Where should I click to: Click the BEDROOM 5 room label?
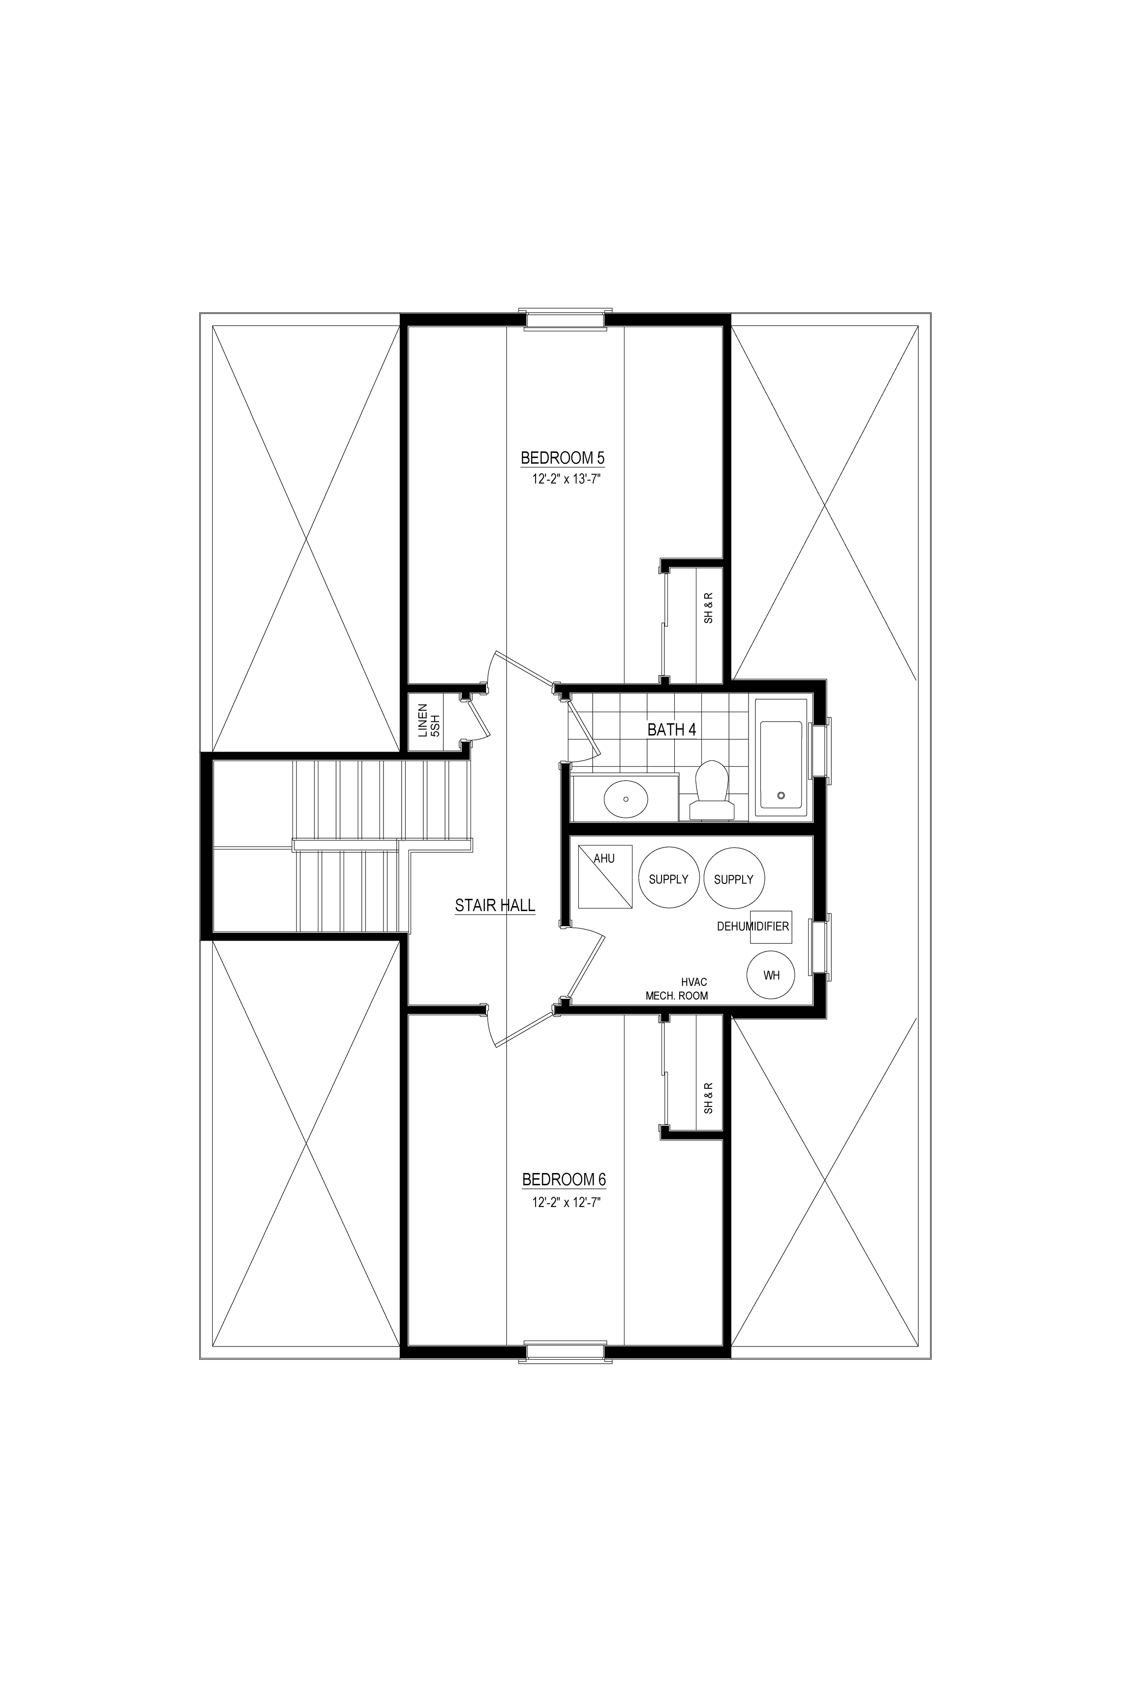tap(562, 458)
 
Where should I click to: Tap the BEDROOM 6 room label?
tap(564, 1180)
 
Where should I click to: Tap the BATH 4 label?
tap(672, 729)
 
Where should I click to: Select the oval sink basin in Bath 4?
tap(625, 798)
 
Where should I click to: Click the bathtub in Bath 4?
tap(781, 757)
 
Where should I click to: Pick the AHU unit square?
tap(605, 876)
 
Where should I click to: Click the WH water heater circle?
tap(772, 975)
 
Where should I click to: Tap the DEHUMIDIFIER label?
tap(753, 926)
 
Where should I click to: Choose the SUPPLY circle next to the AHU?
tap(668, 878)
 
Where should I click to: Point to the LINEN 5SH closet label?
tap(429, 720)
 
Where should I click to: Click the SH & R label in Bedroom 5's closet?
tap(708, 608)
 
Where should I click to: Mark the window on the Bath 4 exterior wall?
tap(821, 751)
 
